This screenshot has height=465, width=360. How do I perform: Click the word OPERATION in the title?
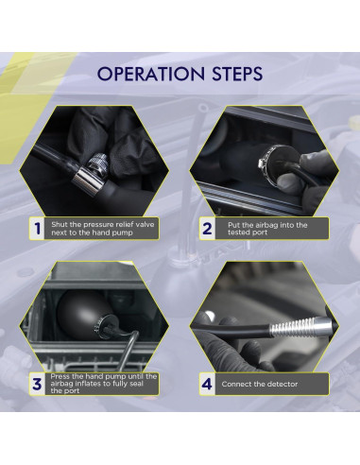coord(151,74)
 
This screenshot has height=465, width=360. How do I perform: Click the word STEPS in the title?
coord(237,74)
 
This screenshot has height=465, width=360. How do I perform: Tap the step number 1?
coord(38,229)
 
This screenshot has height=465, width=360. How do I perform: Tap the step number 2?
coord(207,229)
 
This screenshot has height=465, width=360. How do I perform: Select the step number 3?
coord(37,384)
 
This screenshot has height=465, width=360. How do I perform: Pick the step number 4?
coord(207,384)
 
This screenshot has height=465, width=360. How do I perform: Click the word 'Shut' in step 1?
coord(60,224)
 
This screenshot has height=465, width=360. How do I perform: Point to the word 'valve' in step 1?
coord(145,224)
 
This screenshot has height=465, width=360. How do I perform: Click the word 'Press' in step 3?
coord(60,376)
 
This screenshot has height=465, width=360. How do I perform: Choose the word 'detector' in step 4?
coord(283,384)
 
